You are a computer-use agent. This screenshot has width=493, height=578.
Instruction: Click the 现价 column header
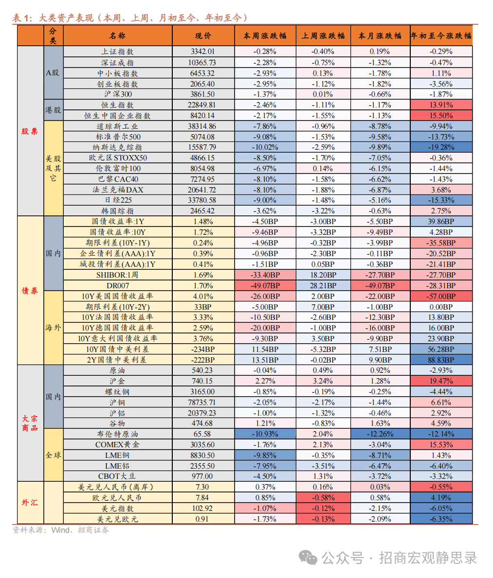point(203,35)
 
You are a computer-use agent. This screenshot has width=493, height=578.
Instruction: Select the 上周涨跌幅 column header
point(323,35)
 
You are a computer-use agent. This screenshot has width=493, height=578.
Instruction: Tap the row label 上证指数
point(117,52)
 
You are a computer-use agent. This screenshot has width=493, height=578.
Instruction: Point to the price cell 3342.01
point(203,52)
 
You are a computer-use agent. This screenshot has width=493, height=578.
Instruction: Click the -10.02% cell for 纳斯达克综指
point(265,147)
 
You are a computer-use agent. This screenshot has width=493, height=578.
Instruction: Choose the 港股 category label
point(54,110)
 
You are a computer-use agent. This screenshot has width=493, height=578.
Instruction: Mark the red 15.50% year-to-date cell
point(441,116)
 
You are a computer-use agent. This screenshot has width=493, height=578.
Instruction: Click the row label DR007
point(117,286)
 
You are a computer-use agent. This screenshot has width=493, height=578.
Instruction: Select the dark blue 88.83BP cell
point(441,360)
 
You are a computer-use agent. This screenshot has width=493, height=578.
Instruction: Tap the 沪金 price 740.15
point(203,381)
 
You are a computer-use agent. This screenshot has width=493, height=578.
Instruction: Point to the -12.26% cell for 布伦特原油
point(380,434)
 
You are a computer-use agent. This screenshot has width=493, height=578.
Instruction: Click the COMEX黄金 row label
point(117,445)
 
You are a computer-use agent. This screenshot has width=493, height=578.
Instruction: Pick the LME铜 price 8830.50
point(203,455)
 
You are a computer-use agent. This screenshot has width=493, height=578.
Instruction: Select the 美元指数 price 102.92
point(203,508)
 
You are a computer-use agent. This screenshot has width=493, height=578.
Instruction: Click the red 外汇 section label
point(30,503)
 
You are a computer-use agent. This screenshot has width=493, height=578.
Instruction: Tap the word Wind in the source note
point(61,530)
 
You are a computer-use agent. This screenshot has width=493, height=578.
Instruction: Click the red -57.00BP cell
point(441,297)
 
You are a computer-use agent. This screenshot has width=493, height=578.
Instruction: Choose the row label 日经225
point(117,200)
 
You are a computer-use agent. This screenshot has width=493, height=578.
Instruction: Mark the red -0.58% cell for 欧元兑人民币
point(323,498)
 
